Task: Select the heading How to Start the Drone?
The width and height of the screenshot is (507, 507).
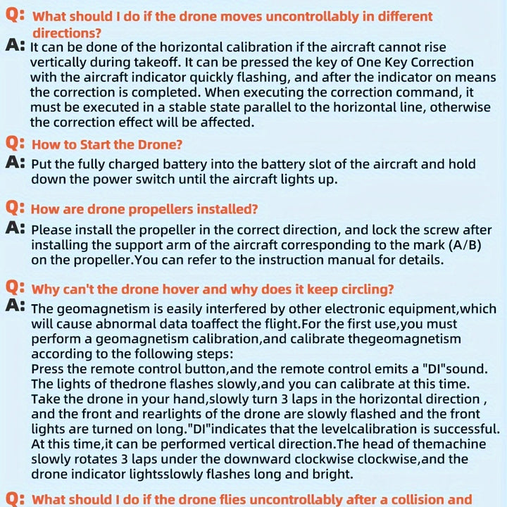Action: tap(107, 144)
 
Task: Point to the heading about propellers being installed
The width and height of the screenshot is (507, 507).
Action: tap(144, 209)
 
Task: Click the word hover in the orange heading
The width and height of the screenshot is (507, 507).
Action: tap(184, 289)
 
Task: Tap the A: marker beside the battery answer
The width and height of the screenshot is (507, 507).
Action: tap(15, 163)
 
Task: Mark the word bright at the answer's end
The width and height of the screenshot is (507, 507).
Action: tap(329, 473)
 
